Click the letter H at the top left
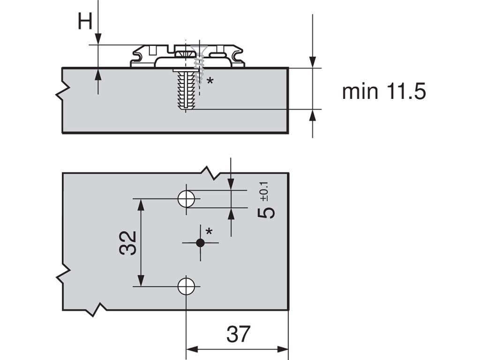coord(85,22)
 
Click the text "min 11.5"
coord(383,91)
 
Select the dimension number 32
coord(128,242)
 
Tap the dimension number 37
coord(238,334)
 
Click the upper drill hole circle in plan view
coord(187,199)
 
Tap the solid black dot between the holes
coord(201,242)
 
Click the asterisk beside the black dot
coord(209,231)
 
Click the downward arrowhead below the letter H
coord(98,39)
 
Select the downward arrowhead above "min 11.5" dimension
coord(313,62)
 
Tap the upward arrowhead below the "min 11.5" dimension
coord(313,115)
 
